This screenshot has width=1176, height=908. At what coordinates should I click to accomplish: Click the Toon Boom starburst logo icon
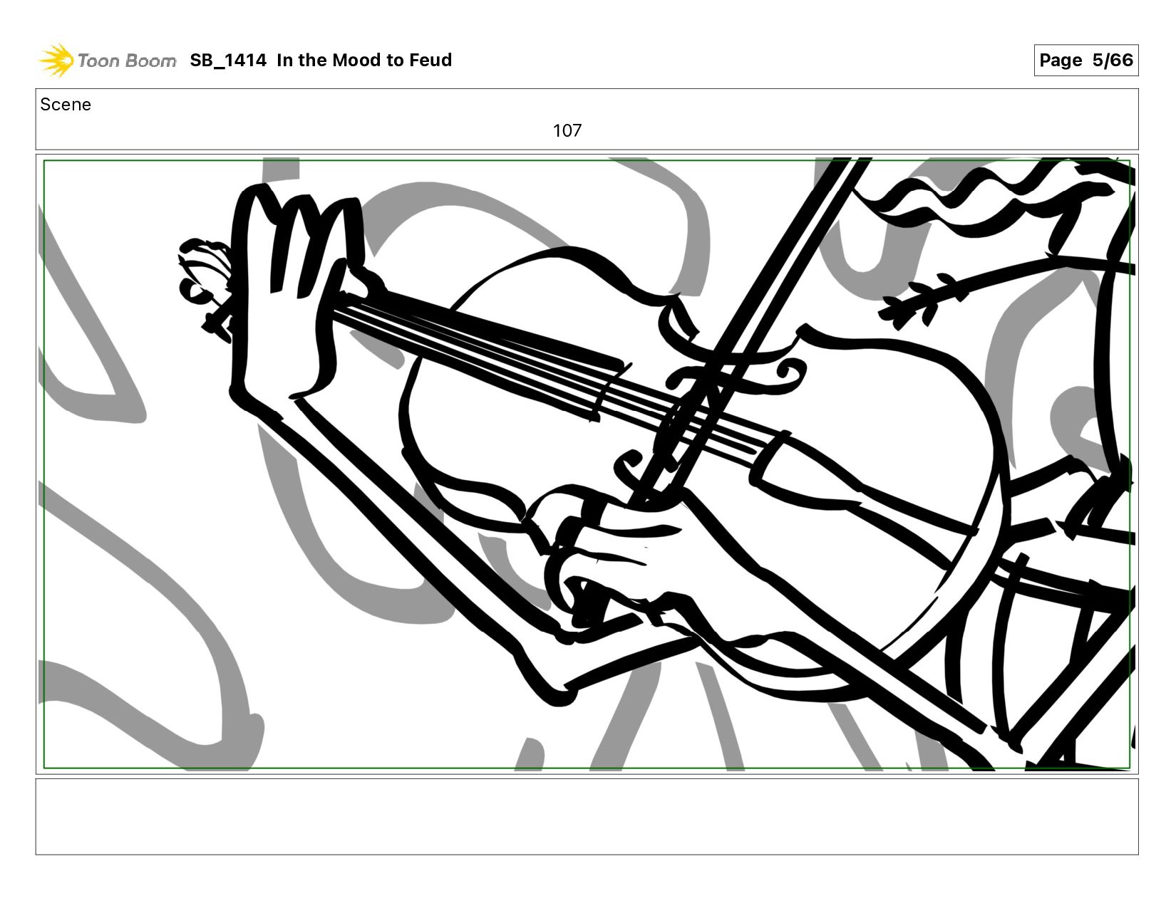(56, 60)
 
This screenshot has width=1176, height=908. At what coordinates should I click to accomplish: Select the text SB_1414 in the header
(228, 60)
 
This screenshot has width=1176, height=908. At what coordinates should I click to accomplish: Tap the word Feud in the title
(430, 60)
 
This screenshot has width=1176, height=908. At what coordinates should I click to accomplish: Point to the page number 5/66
(1112, 60)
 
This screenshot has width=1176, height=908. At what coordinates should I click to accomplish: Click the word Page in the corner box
(1061, 61)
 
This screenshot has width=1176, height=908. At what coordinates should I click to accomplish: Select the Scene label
(66, 105)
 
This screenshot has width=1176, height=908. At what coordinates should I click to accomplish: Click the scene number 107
(567, 130)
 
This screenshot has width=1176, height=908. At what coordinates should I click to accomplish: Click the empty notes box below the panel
(587, 817)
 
